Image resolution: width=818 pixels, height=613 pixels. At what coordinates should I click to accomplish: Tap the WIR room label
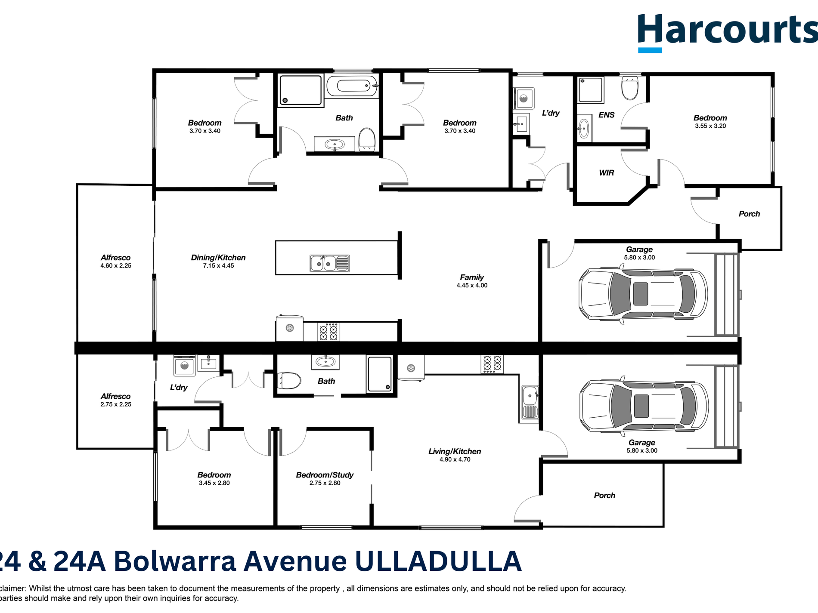606,173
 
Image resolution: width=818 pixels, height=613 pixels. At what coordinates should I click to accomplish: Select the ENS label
606,115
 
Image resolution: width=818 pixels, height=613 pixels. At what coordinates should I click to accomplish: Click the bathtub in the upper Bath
352,86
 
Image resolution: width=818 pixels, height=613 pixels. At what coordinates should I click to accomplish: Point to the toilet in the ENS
630,88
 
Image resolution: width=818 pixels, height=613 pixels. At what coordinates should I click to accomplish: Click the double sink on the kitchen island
329,263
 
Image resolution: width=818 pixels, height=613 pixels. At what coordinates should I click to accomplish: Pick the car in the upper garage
643,294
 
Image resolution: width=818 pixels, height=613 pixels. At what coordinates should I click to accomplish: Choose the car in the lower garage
644,406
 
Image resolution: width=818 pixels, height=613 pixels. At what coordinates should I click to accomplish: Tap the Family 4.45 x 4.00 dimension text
472,286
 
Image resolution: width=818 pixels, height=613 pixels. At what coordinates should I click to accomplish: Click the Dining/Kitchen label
218,257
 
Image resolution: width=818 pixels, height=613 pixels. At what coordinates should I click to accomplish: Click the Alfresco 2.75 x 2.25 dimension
116,404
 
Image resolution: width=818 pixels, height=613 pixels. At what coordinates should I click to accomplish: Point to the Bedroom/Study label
325,475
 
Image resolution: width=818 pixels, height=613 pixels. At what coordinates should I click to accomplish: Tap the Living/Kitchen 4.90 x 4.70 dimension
455,459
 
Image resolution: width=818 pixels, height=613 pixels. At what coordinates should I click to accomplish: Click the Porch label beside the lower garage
604,495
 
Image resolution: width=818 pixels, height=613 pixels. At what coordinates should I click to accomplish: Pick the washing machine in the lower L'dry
184,366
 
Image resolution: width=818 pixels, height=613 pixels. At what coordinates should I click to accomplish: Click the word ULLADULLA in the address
438,561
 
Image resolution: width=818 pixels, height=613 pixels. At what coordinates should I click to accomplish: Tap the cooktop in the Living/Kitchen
492,363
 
